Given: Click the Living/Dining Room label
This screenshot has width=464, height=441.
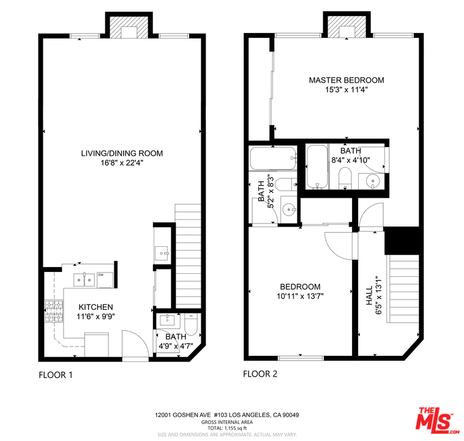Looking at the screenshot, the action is tap(122, 153).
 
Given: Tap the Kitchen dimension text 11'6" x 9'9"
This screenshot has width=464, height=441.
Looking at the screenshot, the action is tap(95, 317).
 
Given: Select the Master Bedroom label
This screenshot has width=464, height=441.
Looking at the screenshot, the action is tap(346, 80).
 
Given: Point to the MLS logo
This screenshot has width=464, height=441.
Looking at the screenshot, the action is tap(437, 420).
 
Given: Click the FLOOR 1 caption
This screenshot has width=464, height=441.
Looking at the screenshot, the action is tap(56, 375).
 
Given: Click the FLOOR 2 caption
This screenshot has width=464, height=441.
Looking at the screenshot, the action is tap(260, 374).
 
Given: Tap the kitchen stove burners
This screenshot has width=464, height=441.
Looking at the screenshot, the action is tap(54, 311).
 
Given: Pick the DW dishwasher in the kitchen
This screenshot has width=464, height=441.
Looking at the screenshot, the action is tap(105, 280).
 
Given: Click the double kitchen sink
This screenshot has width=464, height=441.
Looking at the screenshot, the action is tap(84, 280).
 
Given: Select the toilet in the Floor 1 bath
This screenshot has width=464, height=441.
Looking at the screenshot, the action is tap(191, 324).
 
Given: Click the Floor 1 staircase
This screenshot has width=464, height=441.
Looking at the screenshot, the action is tap(188, 256).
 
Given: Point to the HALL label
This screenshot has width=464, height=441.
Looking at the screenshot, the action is tap(369, 295).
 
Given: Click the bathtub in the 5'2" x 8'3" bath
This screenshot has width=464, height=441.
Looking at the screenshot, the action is tap(273, 159).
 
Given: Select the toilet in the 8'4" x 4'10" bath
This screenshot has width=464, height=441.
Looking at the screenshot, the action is tap(345, 178).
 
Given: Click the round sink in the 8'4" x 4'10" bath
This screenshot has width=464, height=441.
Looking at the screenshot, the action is tap(372, 181).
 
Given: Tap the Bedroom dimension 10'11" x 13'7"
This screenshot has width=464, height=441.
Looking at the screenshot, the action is tap(300, 296).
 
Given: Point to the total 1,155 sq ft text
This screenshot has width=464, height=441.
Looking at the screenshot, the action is tap(226, 428).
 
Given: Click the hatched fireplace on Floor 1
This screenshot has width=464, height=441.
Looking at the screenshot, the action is tap(129, 27).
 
